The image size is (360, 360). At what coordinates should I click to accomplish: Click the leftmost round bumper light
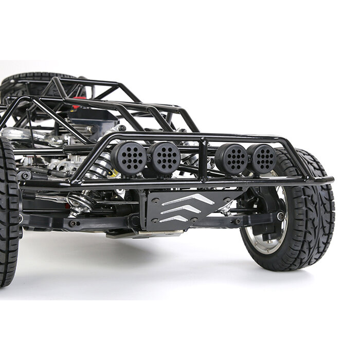click(129, 158)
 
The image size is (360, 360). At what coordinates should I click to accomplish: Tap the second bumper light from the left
click(165, 157)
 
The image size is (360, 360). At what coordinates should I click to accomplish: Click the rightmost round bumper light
click(262, 158)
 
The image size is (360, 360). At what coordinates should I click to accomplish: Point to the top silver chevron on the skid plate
click(188, 200)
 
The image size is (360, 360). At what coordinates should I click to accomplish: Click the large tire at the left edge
click(8, 216)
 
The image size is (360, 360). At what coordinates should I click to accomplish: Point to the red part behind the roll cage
click(76, 106)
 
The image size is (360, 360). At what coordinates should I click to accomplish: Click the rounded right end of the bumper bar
click(329, 180)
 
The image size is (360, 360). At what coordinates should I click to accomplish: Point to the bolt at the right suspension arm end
click(280, 217)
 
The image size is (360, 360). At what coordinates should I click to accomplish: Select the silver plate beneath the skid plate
click(144, 234)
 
